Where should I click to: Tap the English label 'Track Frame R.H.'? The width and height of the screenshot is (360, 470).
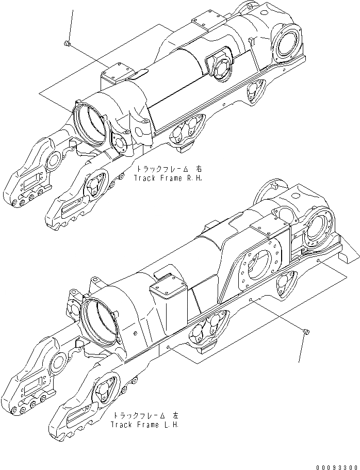pyautogui.click(x=168, y=177)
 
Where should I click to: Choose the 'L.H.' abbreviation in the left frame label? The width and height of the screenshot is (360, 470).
pyautogui.click(x=171, y=425)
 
